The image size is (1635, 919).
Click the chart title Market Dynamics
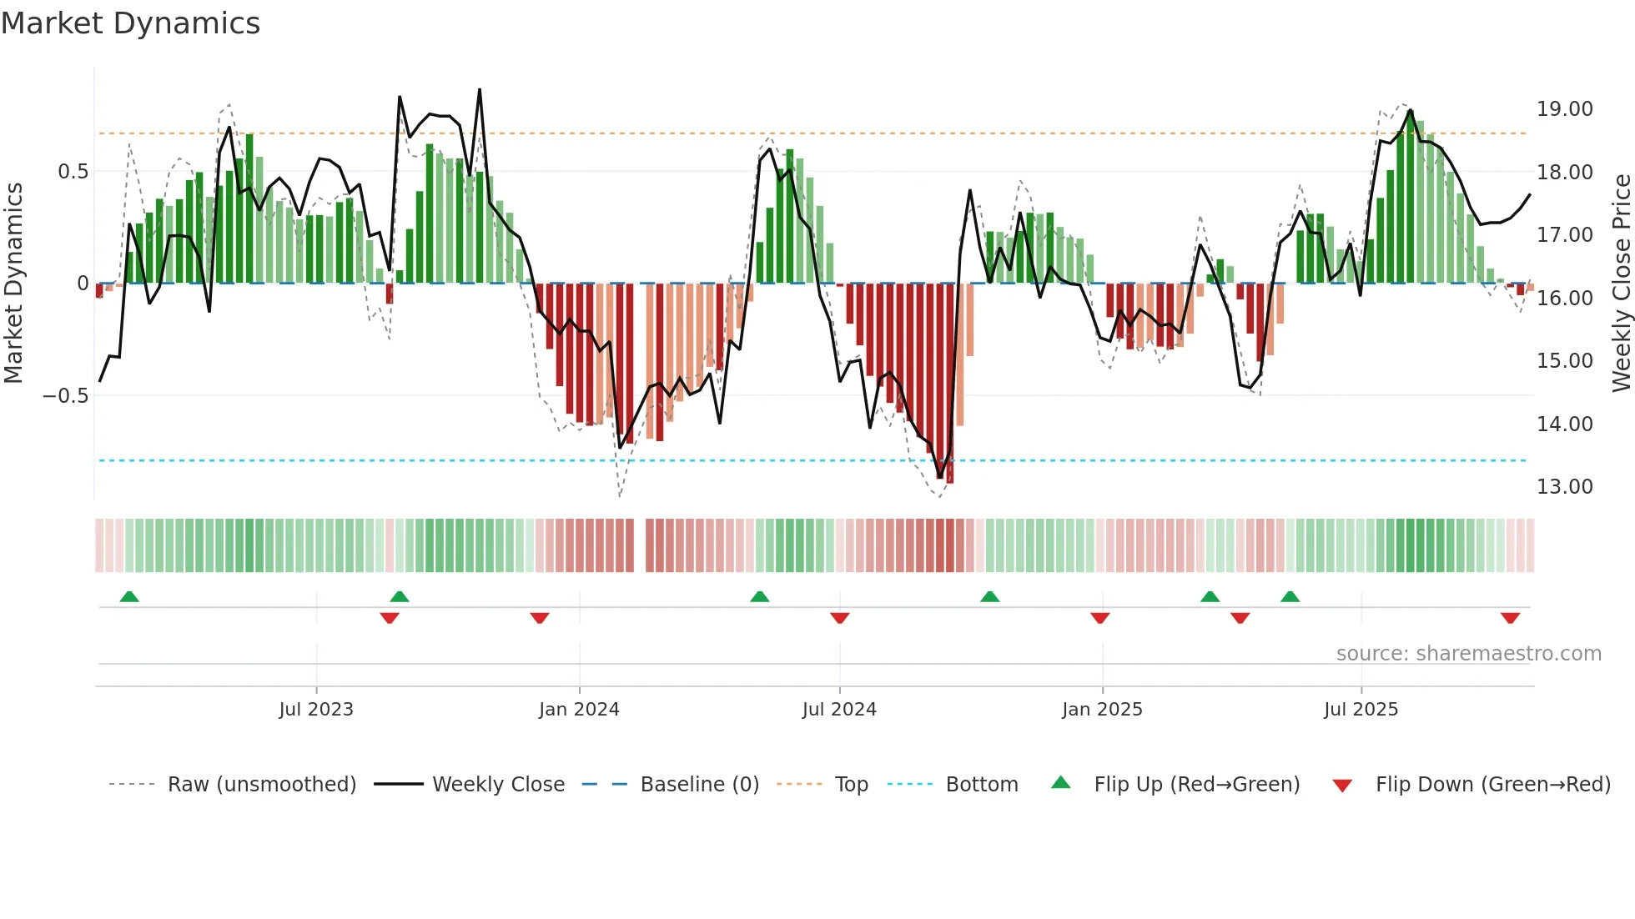click(131, 23)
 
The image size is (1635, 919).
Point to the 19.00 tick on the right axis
click(1564, 109)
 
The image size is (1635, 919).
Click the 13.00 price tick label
click(1564, 487)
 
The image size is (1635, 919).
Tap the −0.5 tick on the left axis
click(66, 396)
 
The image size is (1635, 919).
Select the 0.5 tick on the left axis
click(73, 172)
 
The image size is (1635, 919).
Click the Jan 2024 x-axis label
click(579, 710)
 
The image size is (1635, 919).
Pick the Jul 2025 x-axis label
click(1361, 710)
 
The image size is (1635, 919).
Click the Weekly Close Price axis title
click(1621, 284)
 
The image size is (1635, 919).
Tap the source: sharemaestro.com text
click(1468, 654)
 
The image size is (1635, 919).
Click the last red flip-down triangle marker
click(1510, 618)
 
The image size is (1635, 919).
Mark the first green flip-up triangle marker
click(129, 596)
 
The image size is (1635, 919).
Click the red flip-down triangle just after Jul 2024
click(840, 618)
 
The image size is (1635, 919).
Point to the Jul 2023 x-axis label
click(316, 710)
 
